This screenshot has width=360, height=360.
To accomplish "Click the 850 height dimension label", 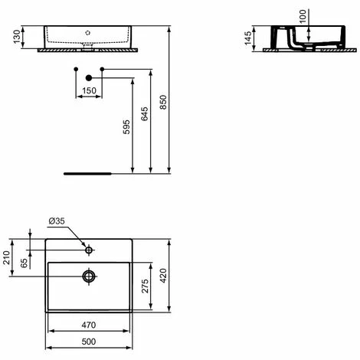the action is (x=163, y=102).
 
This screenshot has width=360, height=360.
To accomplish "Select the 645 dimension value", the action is (x=145, y=114).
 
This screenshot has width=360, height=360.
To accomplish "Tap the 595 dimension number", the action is (x=126, y=127).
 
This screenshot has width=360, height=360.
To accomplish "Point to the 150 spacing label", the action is (x=89, y=90).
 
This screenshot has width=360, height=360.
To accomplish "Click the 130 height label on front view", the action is (x=17, y=37).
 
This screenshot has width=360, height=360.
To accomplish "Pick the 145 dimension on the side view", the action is (x=248, y=38).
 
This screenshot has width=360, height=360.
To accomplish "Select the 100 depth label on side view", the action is (x=303, y=16).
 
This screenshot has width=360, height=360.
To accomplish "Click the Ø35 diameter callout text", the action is (x=57, y=221).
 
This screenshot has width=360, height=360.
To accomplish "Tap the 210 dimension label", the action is (x=6, y=257).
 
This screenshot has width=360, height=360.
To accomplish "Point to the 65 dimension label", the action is (x=24, y=263).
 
